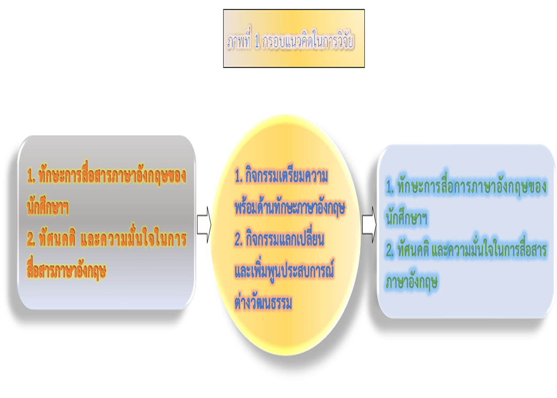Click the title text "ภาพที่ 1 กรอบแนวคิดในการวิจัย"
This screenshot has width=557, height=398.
[291, 42]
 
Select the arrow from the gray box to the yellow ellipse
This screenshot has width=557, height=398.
[204, 226]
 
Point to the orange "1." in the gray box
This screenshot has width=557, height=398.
[31, 177]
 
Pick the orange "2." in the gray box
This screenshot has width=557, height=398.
[31, 240]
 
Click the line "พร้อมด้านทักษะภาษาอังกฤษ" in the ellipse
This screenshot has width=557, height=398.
[290, 208]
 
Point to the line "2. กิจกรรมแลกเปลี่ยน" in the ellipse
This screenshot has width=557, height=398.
[280, 240]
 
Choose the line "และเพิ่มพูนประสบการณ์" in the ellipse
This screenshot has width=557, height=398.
[284, 272]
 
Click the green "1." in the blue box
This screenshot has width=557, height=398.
[390, 188]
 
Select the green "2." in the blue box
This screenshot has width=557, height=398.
[390, 251]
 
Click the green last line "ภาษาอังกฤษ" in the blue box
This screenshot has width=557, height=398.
[412, 282]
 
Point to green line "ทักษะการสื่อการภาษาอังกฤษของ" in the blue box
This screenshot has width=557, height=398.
[472, 188]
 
